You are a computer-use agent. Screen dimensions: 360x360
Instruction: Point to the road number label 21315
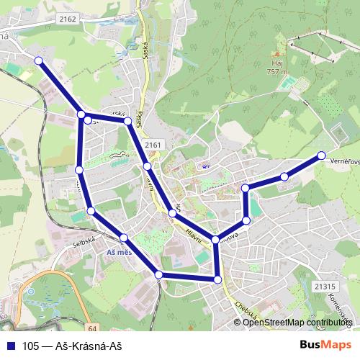coord(325,286)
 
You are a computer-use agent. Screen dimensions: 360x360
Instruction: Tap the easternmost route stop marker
coord(321,156)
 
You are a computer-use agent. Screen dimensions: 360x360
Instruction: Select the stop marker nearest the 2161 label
coord(147,166)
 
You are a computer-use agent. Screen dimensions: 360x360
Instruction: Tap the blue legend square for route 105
coord(10,345)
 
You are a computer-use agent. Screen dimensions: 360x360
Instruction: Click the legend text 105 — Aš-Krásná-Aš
coord(69,345)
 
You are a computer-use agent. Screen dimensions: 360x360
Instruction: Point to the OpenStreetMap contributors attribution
coord(296,323)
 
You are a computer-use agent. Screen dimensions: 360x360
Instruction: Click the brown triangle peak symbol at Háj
coord(276,55)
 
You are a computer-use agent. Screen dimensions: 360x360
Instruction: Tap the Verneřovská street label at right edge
coord(345,163)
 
